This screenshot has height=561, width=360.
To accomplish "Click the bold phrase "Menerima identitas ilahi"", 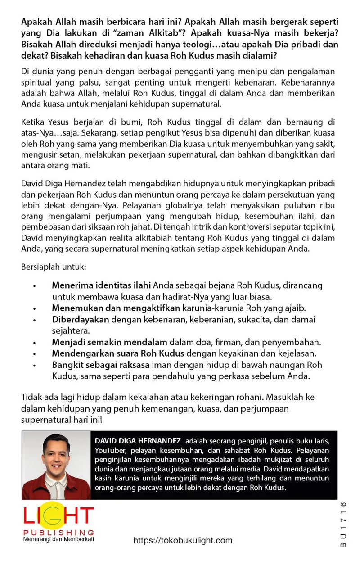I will pos(102,285).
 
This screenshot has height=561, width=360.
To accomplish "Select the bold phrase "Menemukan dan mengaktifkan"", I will pos(116,308).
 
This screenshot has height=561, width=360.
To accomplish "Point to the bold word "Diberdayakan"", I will pos(81,319).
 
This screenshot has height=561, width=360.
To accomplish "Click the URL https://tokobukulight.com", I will pos(183,540).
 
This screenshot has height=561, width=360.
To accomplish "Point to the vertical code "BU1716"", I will pos(343,524).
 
